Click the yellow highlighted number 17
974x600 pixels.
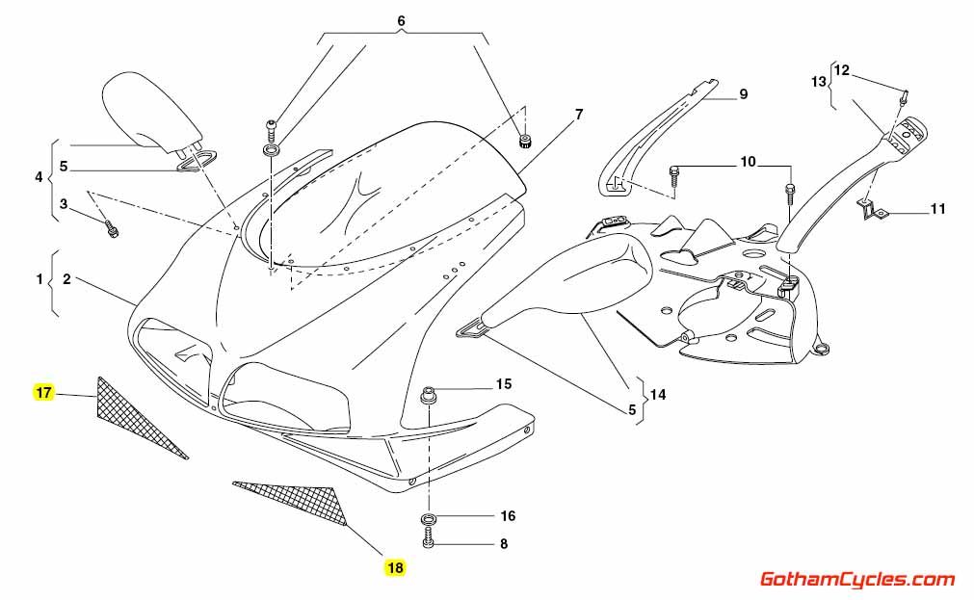click(x=43, y=392)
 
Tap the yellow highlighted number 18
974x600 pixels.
click(x=394, y=568)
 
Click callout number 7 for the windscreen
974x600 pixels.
click(x=578, y=115)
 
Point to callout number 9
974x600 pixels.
click(x=743, y=93)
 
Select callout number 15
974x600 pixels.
click(x=503, y=384)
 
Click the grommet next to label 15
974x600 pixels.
click(x=428, y=394)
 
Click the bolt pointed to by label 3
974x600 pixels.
click(x=112, y=230)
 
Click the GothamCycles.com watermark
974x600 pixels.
click(x=857, y=579)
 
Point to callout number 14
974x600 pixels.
click(x=658, y=394)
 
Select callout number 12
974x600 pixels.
click(x=841, y=69)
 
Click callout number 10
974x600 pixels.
click(x=748, y=163)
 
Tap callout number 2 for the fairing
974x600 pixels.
click(x=66, y=279)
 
